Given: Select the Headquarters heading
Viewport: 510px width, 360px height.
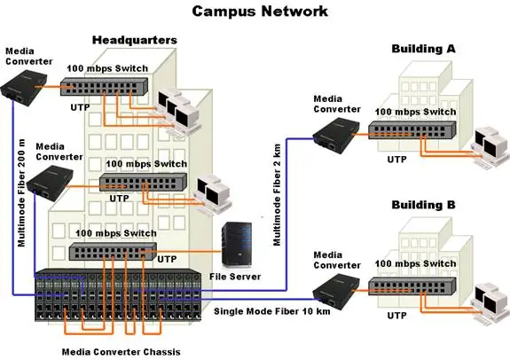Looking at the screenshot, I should pos(135,40).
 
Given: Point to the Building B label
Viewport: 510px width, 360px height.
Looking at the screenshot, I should pos(423,205).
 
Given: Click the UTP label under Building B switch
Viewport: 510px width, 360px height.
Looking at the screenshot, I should pos(397,315).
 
